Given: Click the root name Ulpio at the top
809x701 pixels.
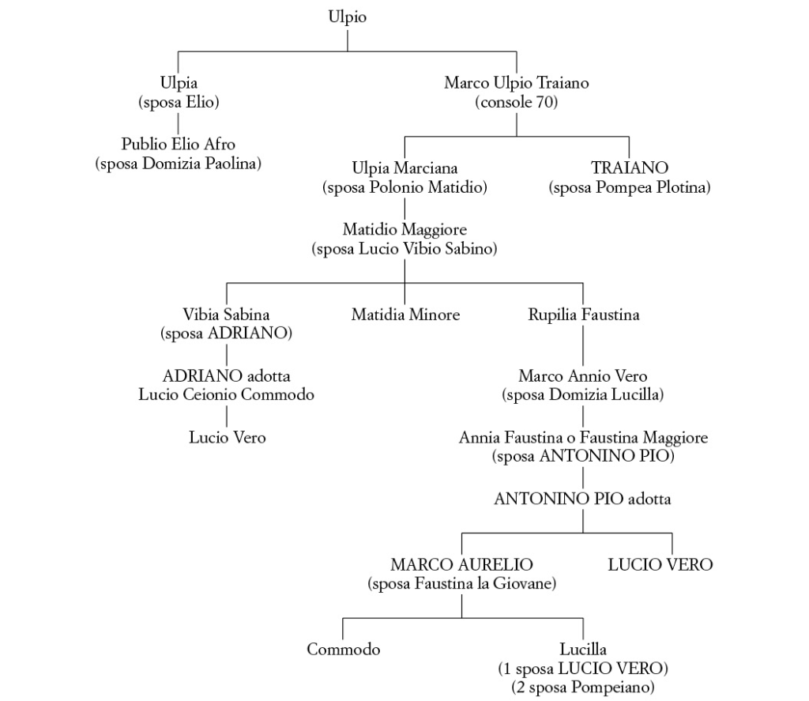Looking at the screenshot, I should coord(348,17).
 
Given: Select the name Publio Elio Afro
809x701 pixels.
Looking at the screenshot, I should coord(179,145).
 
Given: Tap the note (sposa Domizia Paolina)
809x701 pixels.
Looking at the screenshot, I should coord(179,164).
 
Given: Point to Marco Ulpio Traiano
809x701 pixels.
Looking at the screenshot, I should coord(517,83).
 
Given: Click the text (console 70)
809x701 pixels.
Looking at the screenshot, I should coord(517,102).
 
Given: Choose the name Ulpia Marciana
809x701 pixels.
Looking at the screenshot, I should coord(404,168).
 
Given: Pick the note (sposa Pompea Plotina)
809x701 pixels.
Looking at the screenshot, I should coord(630,187).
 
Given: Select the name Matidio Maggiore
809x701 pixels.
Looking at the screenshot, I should coord(404,230).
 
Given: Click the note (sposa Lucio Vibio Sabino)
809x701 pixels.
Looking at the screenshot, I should coord(404,249).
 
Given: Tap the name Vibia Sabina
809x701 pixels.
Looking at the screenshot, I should coord(227,315).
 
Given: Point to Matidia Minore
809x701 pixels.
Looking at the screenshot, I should coord(405,315).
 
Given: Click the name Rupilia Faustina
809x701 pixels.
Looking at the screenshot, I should coord(584,315).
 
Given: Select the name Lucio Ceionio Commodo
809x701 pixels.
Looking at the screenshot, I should coord(227,394).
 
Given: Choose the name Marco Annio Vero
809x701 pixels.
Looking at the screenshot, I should coord(583,375).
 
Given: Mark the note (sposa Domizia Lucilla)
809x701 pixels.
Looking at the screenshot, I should coord(583,394).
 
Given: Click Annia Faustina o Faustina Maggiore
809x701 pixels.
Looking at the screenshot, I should coord(583,437).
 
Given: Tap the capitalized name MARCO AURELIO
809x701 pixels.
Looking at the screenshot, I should coord(461,565).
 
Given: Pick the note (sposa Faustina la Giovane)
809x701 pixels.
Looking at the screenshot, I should coord(461,584).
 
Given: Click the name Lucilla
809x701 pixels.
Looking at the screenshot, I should coord(583,650).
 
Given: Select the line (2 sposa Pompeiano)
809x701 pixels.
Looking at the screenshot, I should coord(583,688).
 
